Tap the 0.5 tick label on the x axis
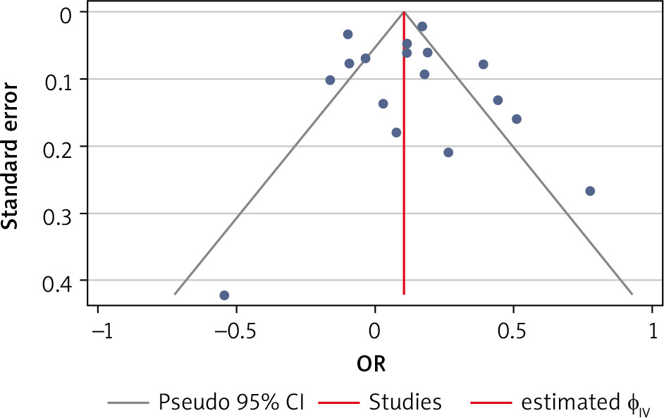tap(513, 331)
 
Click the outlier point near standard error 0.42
tap(224, 295)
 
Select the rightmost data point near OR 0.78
tap(590, 191)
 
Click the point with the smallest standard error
tap(422, 26)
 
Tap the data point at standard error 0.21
tap(448, 152)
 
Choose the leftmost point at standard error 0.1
tap(330, 80)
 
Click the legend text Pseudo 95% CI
tap(230, 402)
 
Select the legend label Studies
tap(405, 402)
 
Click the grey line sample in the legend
tap(129, 403)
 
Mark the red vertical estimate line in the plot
tap(404, 176)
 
